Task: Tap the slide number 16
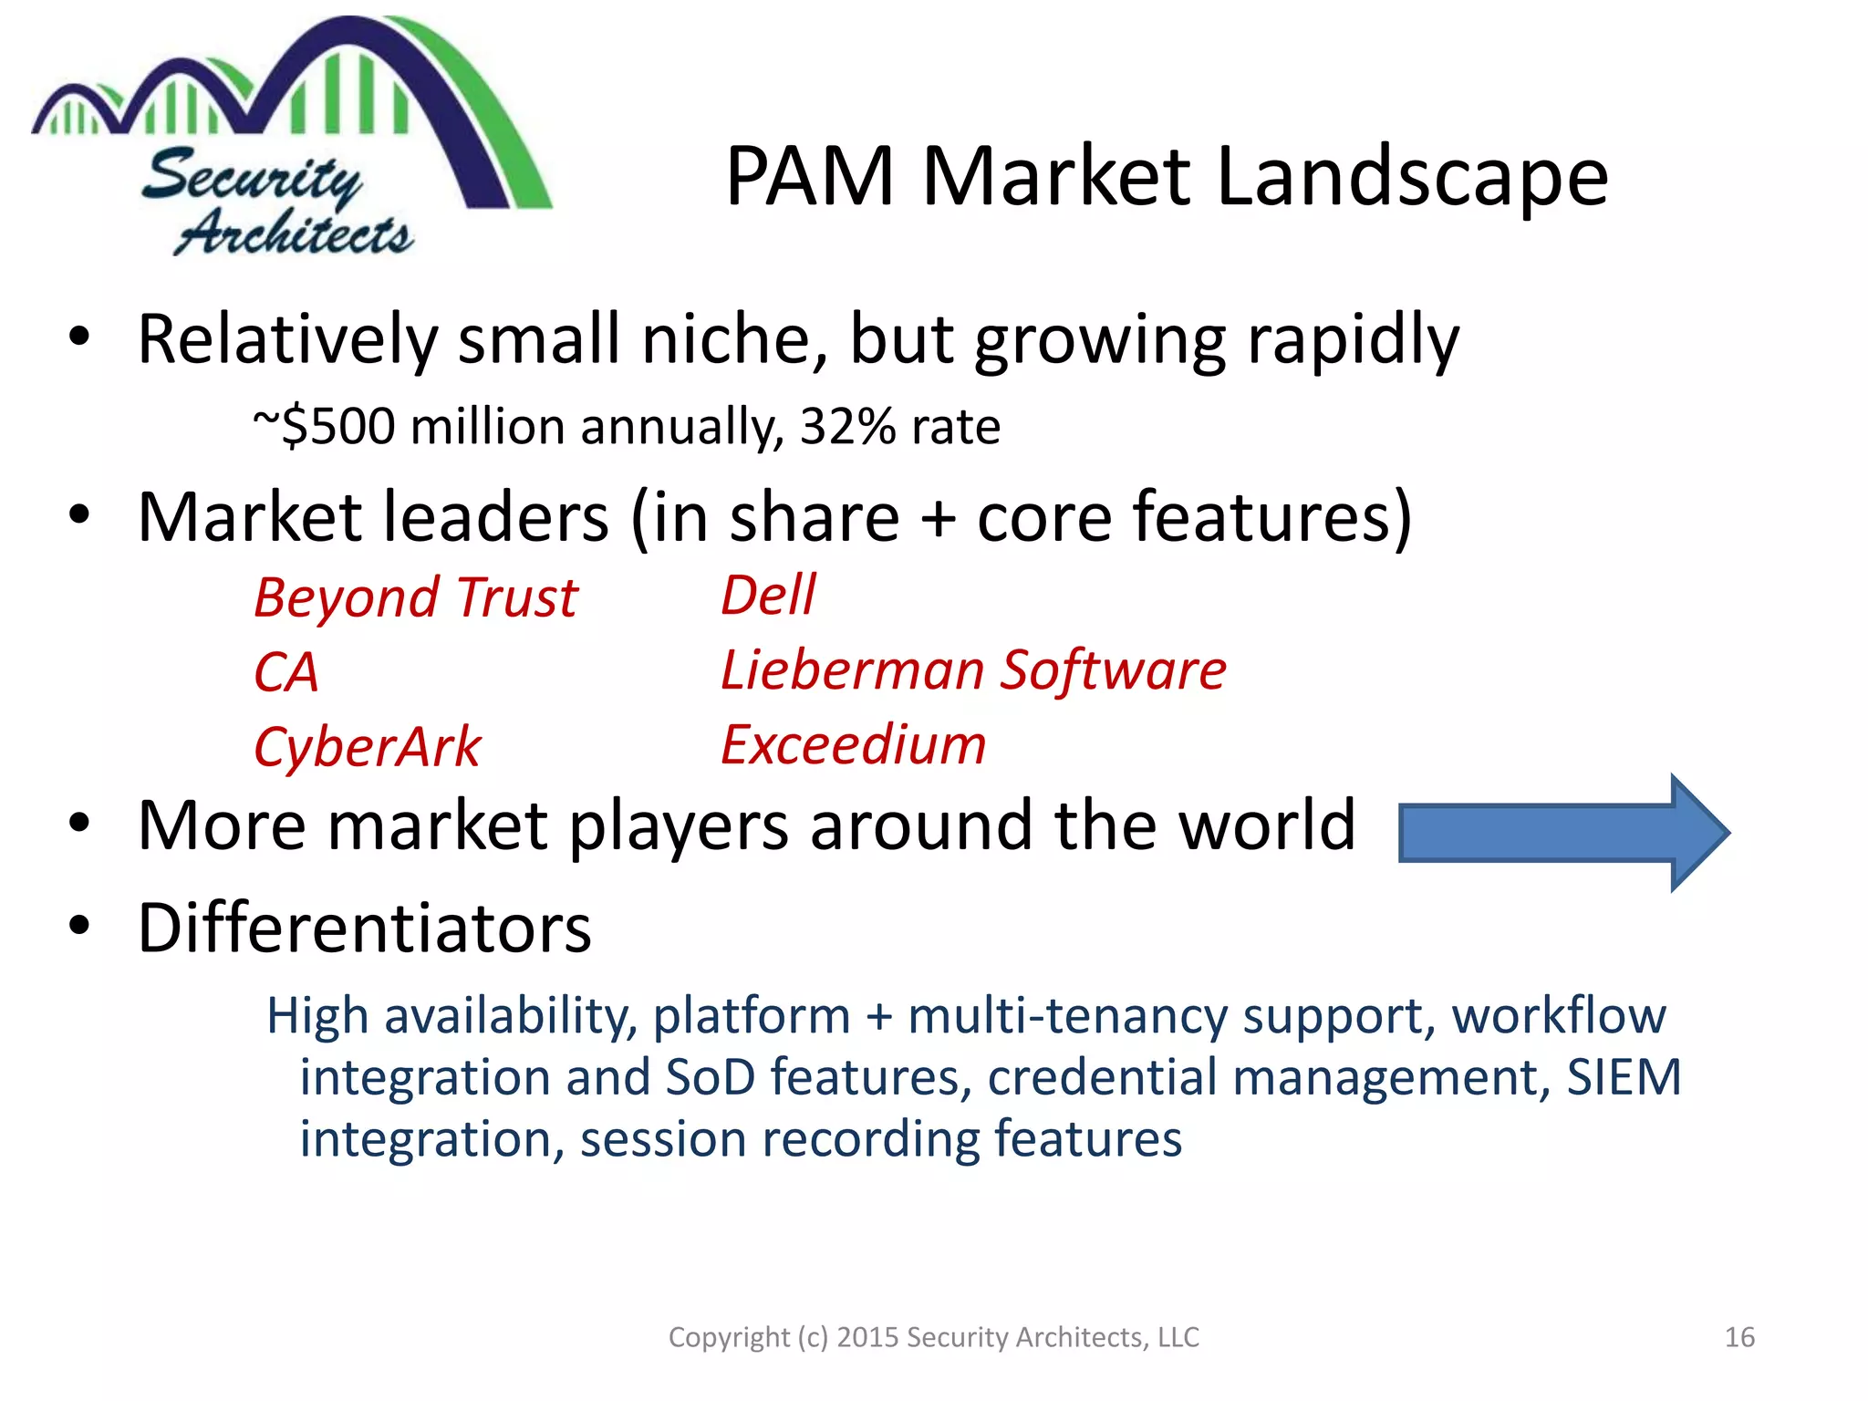[1739, 1337]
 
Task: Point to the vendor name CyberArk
[367, 747]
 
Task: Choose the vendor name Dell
[768, 596]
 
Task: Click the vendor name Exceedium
[854, 744]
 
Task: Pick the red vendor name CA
[286, 672]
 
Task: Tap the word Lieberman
[852, 670]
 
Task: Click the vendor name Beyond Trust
[416, 598]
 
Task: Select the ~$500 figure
[324, 426]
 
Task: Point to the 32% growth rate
[847, 426]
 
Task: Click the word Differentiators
[365, 928]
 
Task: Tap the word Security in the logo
[252, 177]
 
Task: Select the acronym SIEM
[1624, 1077]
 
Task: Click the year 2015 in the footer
[867, 1337]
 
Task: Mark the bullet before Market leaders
[80, 514]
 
